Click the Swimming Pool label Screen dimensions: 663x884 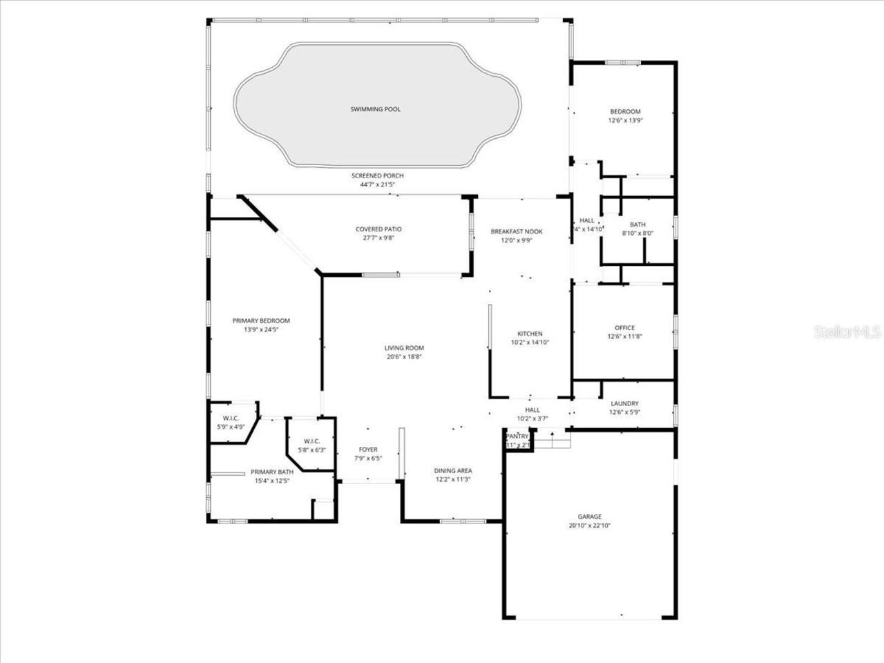coord(375,109)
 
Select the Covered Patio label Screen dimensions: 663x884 coord(378,229)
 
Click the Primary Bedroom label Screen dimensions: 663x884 coord(261,320)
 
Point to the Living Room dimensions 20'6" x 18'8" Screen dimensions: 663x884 coord(404,357)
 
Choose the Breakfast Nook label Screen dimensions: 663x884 coord(517,231)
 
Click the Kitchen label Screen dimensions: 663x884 coord(530,334)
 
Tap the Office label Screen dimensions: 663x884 coord(624,328)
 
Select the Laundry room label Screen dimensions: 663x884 coord(624,403)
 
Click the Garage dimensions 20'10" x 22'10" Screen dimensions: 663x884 coord(590,526)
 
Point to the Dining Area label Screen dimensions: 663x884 coord(453,471)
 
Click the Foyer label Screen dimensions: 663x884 coord(368,450)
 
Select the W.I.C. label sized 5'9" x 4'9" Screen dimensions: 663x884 coord(231,419)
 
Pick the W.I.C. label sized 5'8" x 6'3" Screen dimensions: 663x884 coord(311,441)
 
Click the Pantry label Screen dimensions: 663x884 coord(517,436)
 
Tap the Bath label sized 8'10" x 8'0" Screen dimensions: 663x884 coord(637,224)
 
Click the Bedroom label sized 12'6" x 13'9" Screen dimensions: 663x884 coord(625,111)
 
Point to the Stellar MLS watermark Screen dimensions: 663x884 coord(847,332)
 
